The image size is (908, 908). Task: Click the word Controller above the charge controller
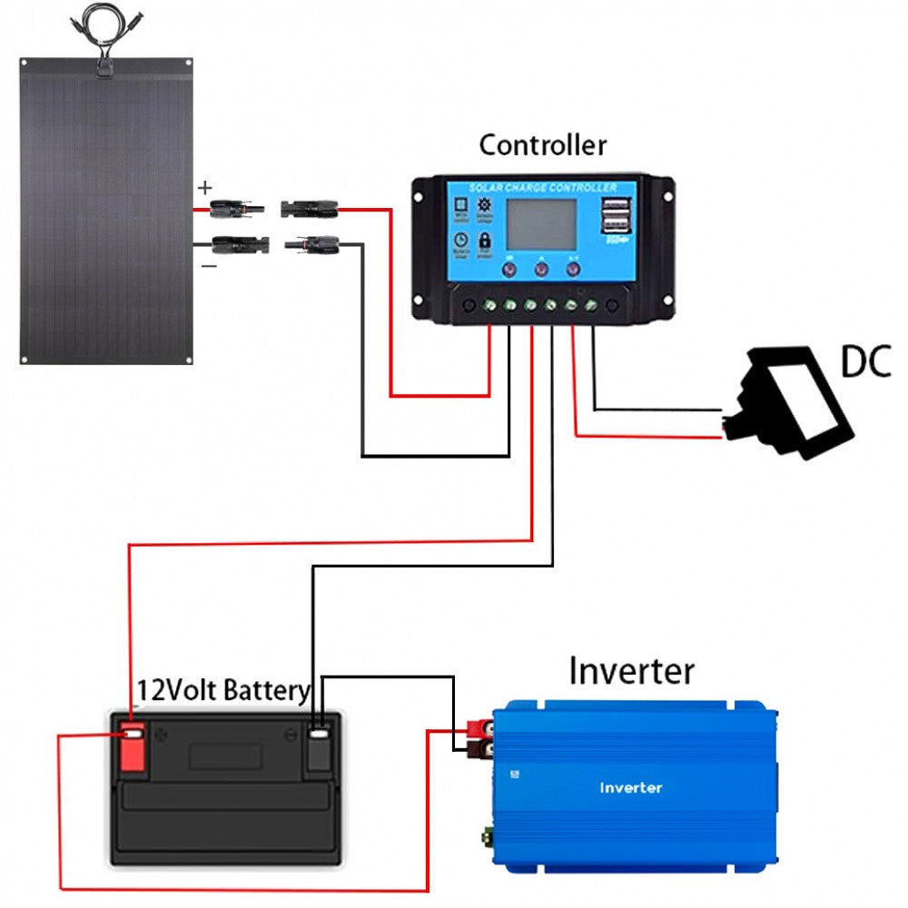pos(542,144)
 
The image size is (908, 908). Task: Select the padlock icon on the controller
pos(484,242)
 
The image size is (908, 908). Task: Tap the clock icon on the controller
pos(460,241)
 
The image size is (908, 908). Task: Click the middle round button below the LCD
pos(541,270)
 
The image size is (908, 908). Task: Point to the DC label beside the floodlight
pos(865,361)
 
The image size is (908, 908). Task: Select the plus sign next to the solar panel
pos(205,188)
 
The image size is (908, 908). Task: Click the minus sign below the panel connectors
pos(209,265)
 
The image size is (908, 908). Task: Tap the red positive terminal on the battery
pos(133,748)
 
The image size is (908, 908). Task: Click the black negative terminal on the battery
pos(318,748)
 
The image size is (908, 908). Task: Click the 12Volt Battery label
pos(223,690)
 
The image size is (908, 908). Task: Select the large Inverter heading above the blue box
pos(631,671)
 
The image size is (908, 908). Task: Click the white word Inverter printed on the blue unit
pos(630,787)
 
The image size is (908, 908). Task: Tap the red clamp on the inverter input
pos(479,728)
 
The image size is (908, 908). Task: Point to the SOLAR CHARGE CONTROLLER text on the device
pos(542,187)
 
